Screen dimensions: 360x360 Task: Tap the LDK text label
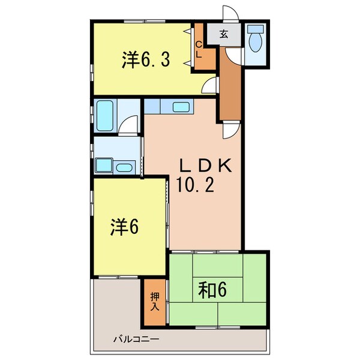pos(203,167)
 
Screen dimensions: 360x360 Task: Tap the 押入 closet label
pos(154,302)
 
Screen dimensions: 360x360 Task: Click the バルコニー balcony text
pos(137,340)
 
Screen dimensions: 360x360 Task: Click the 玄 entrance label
pos(223,35)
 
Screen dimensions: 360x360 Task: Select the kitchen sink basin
pos(181,107)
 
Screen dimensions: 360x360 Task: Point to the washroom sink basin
pos(124,167)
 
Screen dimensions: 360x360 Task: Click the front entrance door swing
pos(230,14)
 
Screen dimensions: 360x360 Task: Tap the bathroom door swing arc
pos(127,127)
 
